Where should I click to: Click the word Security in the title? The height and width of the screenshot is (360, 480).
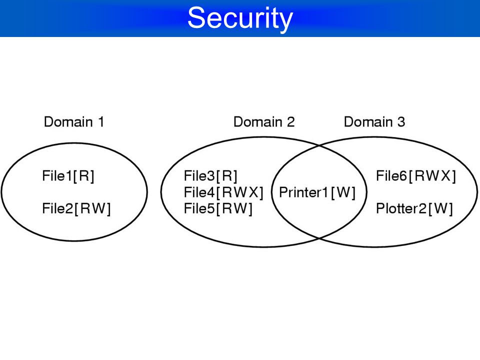[240, 18]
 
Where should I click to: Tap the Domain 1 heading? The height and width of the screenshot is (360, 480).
[74, 122]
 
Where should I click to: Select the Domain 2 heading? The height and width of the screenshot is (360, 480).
[264, 122]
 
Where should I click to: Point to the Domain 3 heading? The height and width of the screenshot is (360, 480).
[374, 122]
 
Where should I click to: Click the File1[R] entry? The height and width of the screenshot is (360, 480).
[68, 176]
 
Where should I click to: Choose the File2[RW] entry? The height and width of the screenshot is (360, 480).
[76, 209]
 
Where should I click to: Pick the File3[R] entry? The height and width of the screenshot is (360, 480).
[210, 176]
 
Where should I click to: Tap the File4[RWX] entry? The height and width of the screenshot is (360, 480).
[223, 192]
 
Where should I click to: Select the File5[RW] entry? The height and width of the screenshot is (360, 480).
[218, 209]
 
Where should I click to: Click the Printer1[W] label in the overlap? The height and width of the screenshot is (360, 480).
[317, 192]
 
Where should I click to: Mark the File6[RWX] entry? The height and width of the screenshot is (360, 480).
[416, 176]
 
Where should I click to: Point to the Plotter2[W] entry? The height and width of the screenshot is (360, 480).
[414, 209]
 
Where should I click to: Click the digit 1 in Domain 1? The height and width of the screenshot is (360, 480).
[101, 122]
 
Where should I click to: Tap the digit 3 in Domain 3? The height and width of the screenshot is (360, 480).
[401, 122]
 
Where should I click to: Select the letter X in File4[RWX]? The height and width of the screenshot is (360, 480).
[254, 192]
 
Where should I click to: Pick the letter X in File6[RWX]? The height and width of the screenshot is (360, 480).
[446, 176]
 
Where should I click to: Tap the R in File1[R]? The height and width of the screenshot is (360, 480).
[85, 176]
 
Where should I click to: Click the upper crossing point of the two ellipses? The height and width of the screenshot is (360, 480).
[319, 145]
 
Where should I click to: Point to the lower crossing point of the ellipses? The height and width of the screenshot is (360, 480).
[319, 238]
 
